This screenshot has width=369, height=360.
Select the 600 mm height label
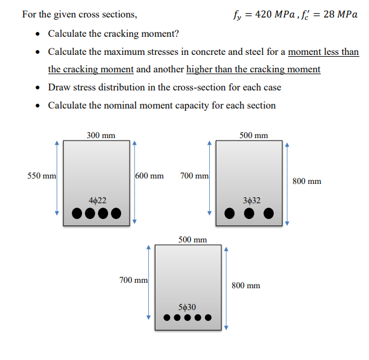150,176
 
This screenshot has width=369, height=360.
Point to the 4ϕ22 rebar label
98,200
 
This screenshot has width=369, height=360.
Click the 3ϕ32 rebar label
252,200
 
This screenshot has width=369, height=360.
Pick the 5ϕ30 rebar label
187,308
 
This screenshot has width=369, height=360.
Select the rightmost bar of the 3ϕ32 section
269,213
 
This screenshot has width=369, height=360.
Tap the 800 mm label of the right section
307,181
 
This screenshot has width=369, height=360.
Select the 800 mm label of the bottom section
246,285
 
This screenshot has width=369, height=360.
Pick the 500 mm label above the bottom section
192,240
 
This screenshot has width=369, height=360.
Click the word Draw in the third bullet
58,87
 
